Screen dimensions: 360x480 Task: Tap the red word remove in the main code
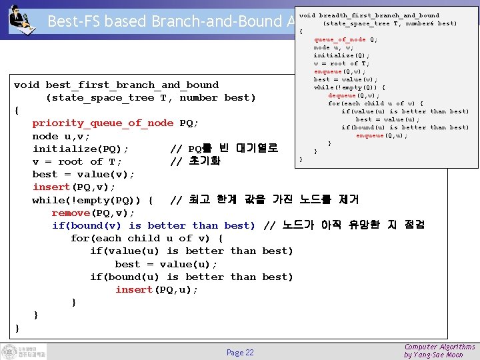[71, 213]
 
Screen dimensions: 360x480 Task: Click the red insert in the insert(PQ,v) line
[51, 187]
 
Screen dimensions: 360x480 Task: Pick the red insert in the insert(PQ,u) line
[134, 289]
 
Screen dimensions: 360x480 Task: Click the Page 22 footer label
[240, 353]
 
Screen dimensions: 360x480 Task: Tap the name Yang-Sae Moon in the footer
[445, 355]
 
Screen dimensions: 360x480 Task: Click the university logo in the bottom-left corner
[23, 351]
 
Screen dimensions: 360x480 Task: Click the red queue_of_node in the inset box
[340, 39]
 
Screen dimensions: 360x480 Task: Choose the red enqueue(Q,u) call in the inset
[379, 135]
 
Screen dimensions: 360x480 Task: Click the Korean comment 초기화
[204, 162]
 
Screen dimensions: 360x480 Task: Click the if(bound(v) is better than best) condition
[153, 226]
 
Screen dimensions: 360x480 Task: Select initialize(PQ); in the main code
[81, 149]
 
